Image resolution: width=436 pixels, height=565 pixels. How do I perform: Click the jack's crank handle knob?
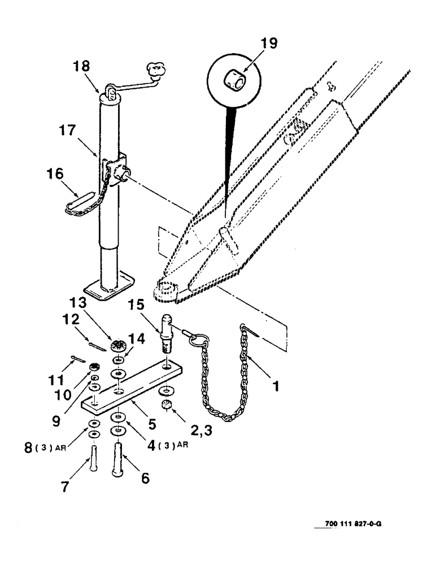click(155, 71)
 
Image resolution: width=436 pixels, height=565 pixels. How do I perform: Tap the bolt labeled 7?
click(92, 457)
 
